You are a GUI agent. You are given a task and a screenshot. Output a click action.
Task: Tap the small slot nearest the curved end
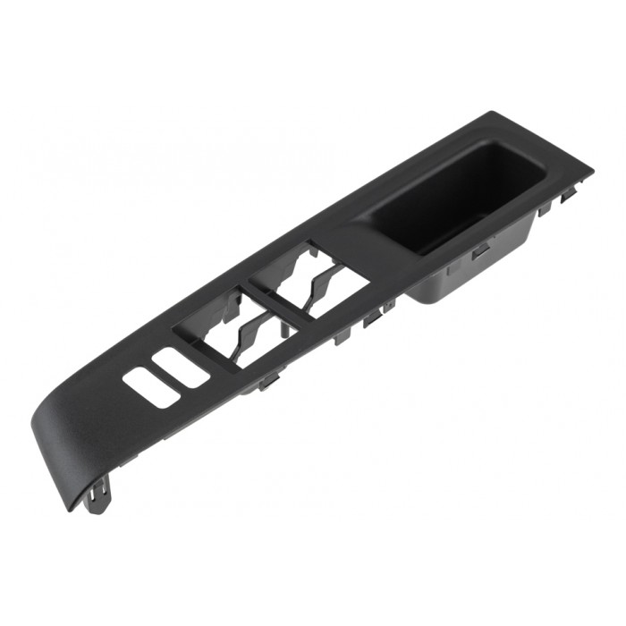click(x=151, y=389)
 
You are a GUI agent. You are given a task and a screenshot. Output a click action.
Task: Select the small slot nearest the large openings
click(x=181, y=368)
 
